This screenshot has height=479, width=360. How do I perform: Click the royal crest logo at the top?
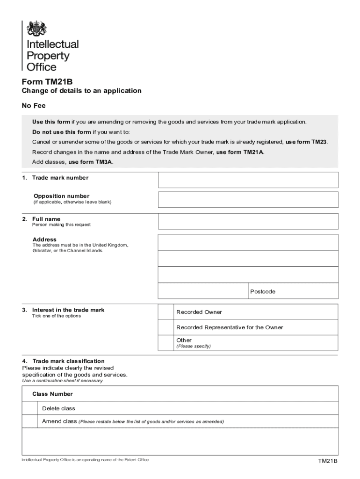coord(37,29)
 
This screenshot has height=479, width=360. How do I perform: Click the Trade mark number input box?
coord(248,180)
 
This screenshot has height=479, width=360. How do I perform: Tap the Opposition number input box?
coord(248,199)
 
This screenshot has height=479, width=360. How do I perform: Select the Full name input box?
coord(248,221)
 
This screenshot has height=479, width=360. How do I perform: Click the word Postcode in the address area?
coord(263,291)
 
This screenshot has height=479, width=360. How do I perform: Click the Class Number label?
coord(52,394)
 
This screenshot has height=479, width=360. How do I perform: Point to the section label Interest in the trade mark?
coord(68,310)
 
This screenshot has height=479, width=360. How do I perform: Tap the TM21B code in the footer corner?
coord(328,461)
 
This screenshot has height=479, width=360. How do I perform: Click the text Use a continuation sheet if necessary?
coord(63,380)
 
